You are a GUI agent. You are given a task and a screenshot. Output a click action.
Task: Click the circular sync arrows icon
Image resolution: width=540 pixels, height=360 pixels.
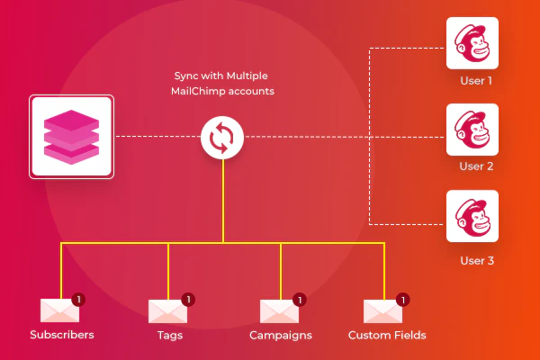pyautogui.click(x=224, y=138)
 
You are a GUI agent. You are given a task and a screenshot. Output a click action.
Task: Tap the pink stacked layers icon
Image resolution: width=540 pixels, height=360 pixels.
pyautogui.click(x=71, y=137)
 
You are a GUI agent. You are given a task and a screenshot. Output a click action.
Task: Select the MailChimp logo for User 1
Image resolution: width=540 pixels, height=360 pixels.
pyautogui.click(x=472, y=43)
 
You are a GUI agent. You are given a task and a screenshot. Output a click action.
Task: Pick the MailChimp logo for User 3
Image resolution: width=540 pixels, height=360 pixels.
pyautogui.click(x=472, y=216)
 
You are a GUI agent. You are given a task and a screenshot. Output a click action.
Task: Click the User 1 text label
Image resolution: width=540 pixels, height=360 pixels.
pyautogui.click(x=476, y=80)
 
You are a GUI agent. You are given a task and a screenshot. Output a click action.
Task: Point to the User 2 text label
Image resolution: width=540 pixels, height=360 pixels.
pyautogui.click(x=476, y=166)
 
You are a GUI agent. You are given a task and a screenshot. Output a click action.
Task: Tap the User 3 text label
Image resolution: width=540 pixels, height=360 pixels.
pyautogui.click(x=476, y=261)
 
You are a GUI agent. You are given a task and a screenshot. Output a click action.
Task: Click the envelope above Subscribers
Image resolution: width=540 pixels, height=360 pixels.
pyautogui.click(x=59, y=310)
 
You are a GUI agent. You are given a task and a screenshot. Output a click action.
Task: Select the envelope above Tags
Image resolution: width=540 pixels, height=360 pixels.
pyautogui.click(x=166, y=310)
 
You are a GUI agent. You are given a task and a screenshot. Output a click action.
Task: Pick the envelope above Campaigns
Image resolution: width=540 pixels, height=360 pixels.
pyautogui.click(x=278, y=310)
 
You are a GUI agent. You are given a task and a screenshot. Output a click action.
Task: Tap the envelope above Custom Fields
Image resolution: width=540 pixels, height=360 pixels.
pyautogui.click(x=382, y=310)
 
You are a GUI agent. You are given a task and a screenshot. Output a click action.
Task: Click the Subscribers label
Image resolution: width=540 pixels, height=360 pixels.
pyautogui.click(x=61, y=336)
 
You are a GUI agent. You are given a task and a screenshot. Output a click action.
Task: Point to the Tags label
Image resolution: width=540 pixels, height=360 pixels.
pyautogui.click(x=168, y=336)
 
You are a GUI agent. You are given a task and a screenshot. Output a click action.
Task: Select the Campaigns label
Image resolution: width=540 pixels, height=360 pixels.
pyautogui.click(x=281, y=336)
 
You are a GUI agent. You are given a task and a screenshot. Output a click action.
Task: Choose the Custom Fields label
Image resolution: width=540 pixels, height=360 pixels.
pyautogui.click(x=387, y=336)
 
